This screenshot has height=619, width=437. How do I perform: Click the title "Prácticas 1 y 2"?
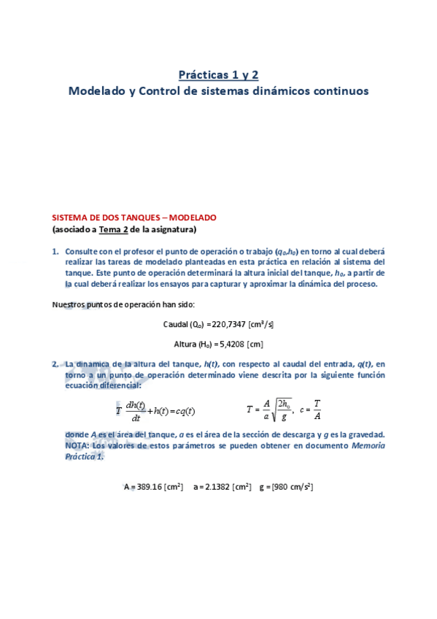tap(219, 74)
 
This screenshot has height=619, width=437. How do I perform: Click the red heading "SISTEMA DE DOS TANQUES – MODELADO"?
tap(134, 218)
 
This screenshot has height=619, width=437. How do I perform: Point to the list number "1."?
tap(55, 250)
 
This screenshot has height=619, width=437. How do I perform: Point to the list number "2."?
tap(55, 363)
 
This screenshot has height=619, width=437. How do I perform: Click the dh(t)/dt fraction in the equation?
tap(136, 412)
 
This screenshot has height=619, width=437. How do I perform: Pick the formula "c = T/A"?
tap(310, 411)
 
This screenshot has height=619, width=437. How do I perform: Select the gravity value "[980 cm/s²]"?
tap(292, 486)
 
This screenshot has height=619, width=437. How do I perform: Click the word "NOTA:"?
tap(78, 445)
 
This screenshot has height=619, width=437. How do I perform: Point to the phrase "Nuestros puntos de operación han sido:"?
tap(123, 304)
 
